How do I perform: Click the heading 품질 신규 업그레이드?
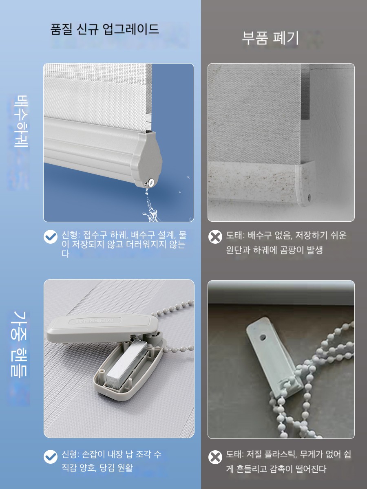pos(104,29)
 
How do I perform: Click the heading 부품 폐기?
pos(270,38)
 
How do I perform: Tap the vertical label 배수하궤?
pos(22,121)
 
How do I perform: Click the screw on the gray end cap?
pos(150,183)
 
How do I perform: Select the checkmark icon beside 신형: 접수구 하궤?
pos(51,237)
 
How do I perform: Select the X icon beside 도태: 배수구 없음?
pos(215,237)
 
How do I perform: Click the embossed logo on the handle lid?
pos(95,321)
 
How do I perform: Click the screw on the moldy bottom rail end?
pos(309,196)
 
